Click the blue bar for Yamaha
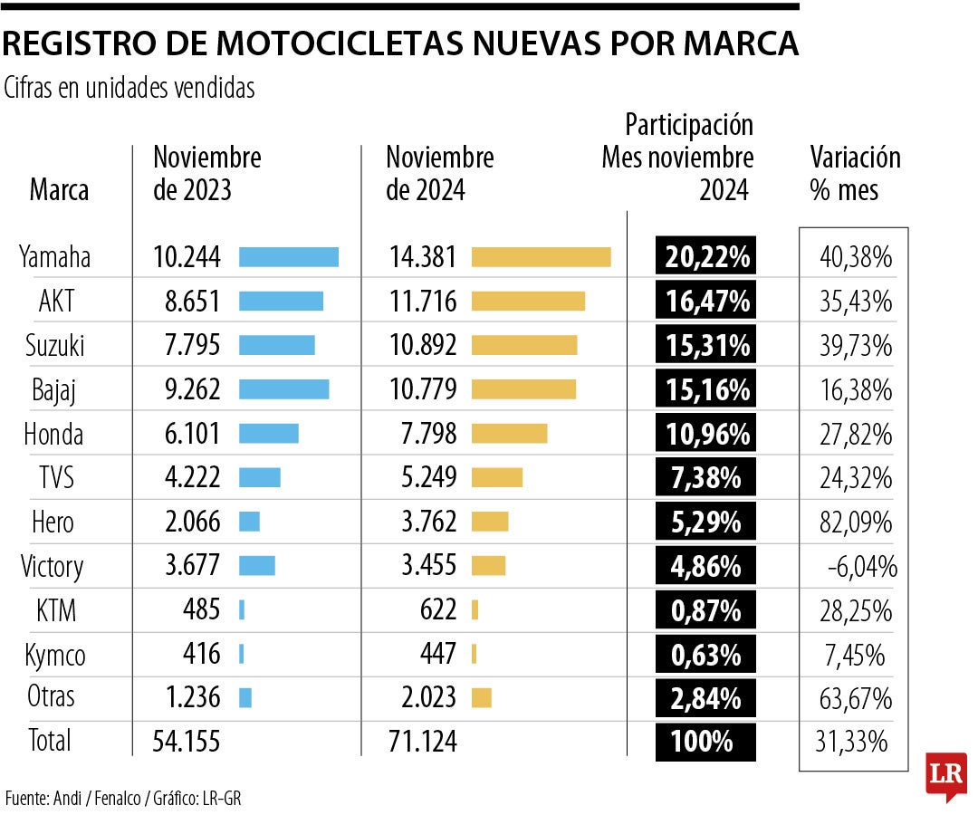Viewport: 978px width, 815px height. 288,257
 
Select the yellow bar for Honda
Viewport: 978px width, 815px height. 509,434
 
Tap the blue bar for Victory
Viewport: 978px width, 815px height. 256,566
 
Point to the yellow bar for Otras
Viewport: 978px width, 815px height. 482,698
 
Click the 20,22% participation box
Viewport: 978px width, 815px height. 706,257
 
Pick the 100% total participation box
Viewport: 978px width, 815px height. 706,742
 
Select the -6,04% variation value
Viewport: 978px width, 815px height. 861,567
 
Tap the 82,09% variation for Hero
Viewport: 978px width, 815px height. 854,523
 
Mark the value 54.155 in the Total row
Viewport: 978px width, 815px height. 187,742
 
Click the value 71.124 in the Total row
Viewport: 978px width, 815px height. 421,742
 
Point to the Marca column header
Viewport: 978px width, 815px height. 59,191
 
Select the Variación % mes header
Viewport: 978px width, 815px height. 855,174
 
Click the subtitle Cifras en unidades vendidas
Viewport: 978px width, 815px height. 129,88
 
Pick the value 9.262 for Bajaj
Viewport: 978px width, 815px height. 187,389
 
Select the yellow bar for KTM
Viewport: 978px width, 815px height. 475,610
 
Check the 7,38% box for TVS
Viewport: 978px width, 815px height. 706,478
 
